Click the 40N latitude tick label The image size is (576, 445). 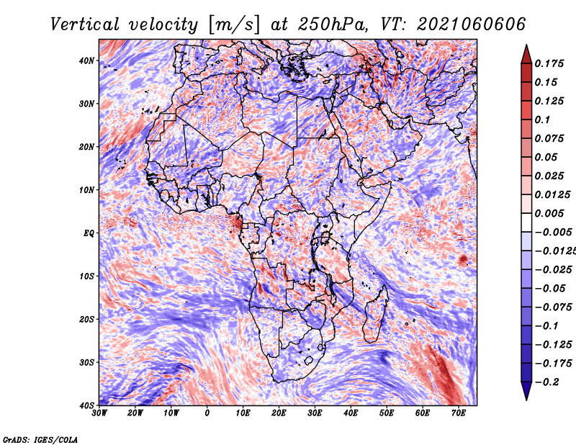point(86,60)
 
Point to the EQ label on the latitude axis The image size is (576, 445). point(89,233)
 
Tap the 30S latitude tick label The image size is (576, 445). point(86,362)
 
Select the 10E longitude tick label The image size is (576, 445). point(243,413)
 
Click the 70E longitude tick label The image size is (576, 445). point(459,413)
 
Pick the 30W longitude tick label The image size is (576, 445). point(99,413)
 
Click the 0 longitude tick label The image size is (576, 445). point(207,413)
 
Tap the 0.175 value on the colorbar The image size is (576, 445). point(549,63)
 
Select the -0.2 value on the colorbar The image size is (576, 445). point(546,382)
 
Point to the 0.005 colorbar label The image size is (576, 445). point(549,213)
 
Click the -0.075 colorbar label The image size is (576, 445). point(553,307)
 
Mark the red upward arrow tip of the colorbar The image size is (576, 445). point(526,45)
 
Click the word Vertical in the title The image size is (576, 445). point(85,24)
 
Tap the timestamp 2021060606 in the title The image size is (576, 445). point(472,24)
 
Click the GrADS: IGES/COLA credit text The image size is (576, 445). point(40,439)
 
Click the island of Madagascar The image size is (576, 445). point(375,316)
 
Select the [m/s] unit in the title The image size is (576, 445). point(234,24)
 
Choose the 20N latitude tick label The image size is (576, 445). point(86,147)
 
